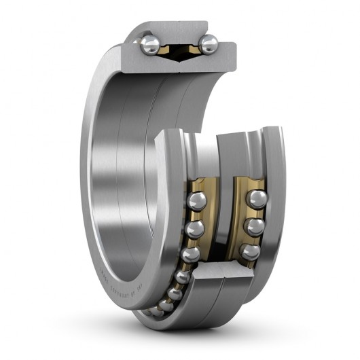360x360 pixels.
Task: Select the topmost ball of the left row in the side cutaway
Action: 198,200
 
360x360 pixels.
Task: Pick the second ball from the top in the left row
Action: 196,227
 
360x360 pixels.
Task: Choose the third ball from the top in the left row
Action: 190,253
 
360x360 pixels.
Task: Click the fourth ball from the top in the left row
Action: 182,276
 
